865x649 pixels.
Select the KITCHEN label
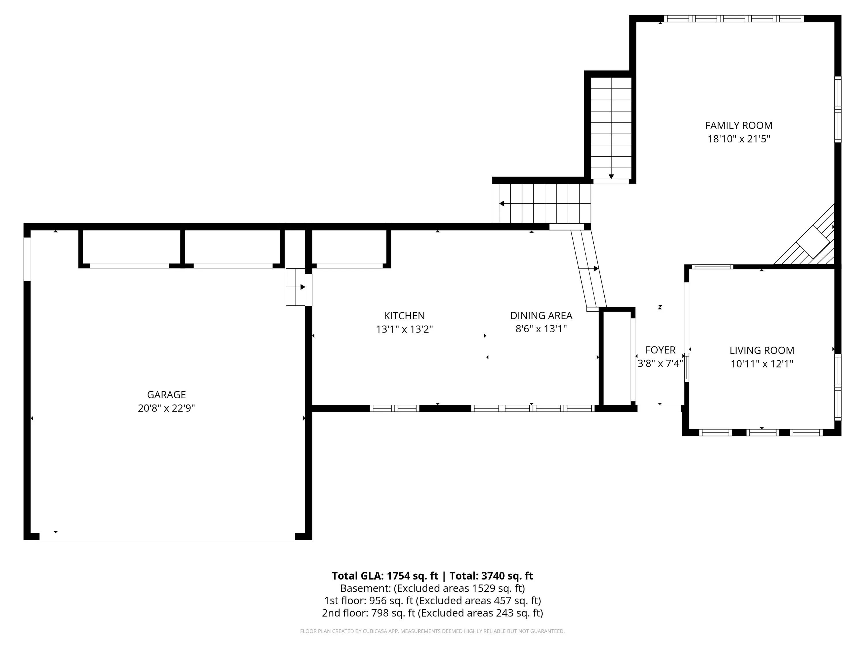click(x=404, y=316)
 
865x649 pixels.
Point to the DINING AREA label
click(x=541, y=315)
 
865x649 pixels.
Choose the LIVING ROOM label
click(x=762, y=350)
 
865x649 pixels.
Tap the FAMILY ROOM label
click(x=739, y=125)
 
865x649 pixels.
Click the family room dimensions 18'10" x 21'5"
click(x=739, y=139)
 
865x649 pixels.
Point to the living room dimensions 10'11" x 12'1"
click(x=762, y=364)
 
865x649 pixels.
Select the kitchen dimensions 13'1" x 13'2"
click(x=404, y=329)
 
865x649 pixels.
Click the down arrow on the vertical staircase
click(x=611, y=177)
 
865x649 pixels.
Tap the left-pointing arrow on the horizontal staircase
click(x=502, y=203)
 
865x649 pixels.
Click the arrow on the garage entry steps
click(x=302, y=287)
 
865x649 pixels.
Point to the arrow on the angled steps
click(x=596, y=269)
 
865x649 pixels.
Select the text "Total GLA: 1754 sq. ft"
click(x=385, y=576)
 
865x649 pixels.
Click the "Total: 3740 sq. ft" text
click(x=491, y=576)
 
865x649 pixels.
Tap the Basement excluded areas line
click(x=432, y=588)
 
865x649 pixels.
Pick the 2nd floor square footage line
click(x=432, y=613)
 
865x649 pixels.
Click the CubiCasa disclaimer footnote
click(x=432, y=631)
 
